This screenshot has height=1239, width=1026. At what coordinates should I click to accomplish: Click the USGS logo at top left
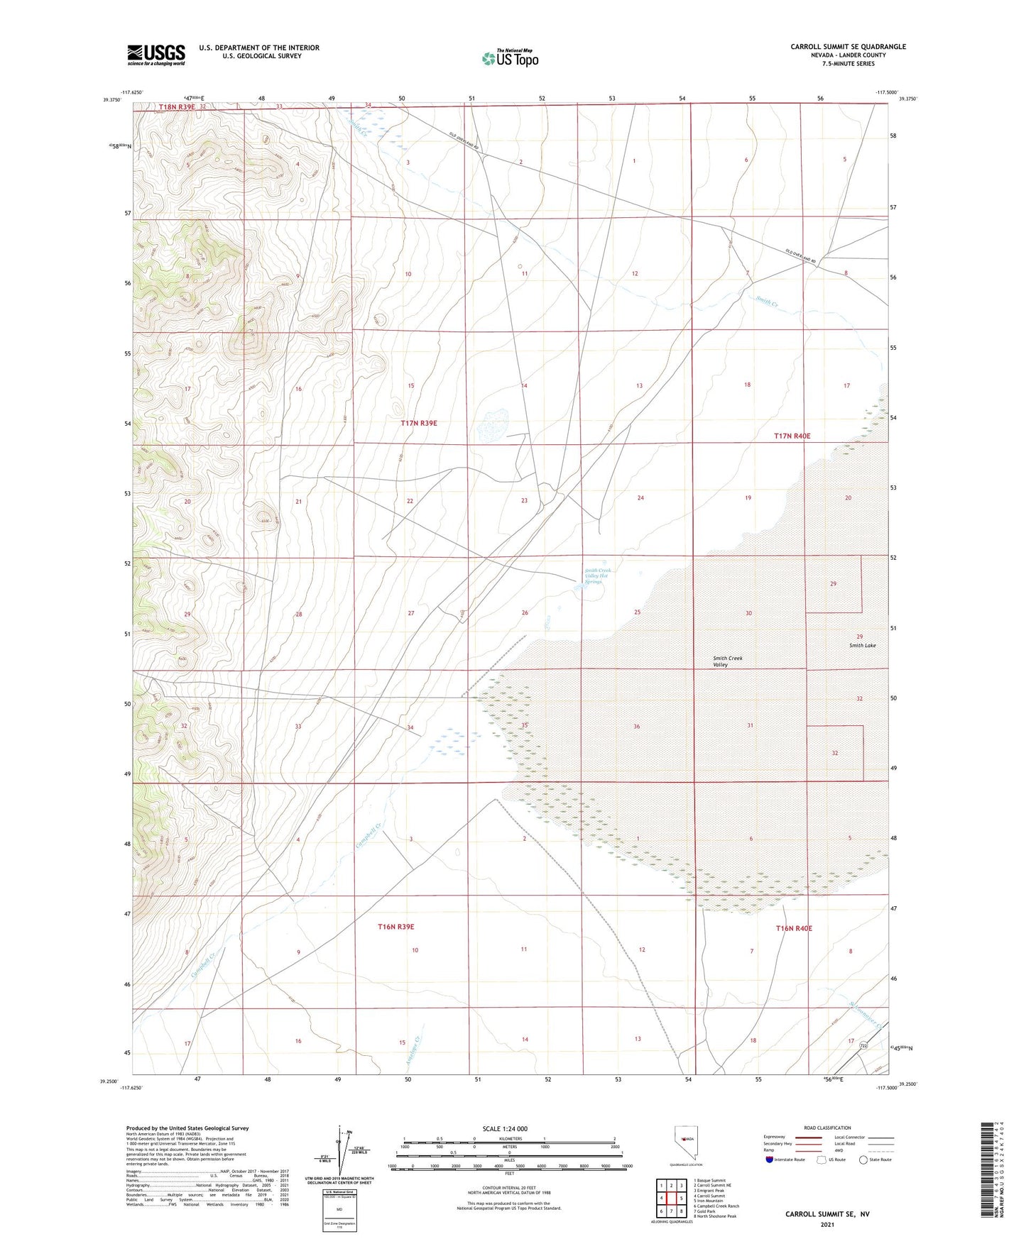coord(156,55)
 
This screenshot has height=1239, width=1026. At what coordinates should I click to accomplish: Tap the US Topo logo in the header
coord(510,57)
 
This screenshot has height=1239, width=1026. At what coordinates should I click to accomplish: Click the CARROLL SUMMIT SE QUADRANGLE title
coord(848,47)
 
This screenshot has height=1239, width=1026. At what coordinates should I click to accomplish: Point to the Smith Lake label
coord(862,645)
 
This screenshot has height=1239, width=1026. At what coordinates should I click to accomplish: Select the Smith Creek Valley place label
coord(727,661)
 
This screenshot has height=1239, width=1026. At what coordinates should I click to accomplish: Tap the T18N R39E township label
coord(176,107)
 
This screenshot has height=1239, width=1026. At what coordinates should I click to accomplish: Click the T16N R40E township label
coord(793,928)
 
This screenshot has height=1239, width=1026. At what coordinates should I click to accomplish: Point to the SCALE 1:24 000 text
coord(505,1129)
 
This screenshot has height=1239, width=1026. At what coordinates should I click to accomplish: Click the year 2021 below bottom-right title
coord(826,1224)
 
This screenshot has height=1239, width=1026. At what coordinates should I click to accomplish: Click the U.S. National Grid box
coord(339,1206)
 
